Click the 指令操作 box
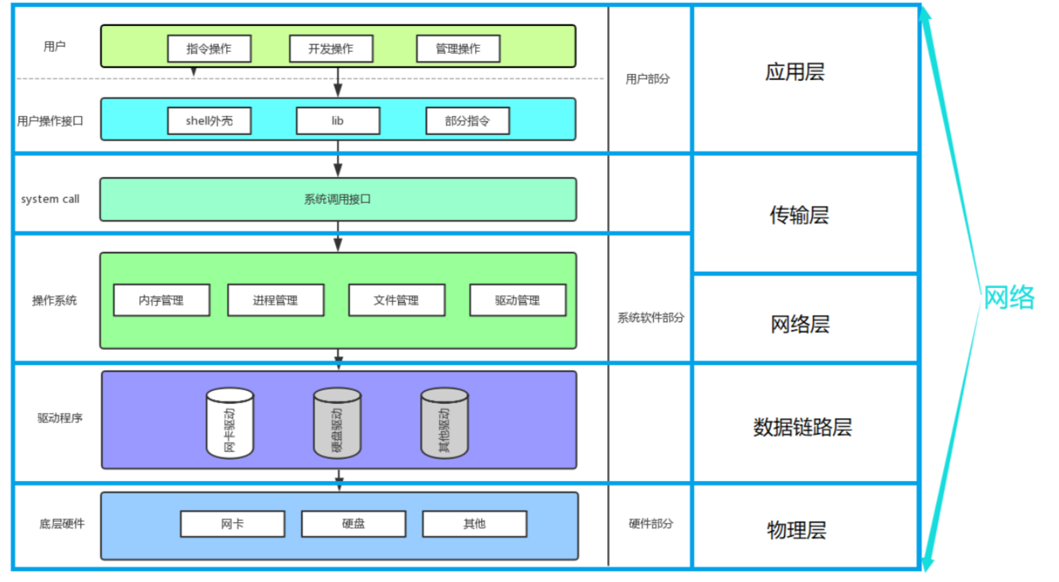[209, 49]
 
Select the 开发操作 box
[331, 49]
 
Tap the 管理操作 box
[458, 49]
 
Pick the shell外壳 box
[209, 121]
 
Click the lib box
[338, 121]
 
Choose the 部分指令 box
[467, 121]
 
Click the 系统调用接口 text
[337, 199]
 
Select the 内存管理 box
[162, 300]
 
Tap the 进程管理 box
[276, 300]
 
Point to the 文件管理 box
[397, 300]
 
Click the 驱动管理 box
[518, 300]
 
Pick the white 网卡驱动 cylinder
[230, 423]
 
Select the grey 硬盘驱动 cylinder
[337, 423]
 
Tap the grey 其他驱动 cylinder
[444, 423]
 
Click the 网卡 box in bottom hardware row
[233, 524]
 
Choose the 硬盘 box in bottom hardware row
[354, 524]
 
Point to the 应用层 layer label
[795, 73]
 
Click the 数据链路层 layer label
[802, 428]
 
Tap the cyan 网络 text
[1009, 297]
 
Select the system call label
[50, 199]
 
